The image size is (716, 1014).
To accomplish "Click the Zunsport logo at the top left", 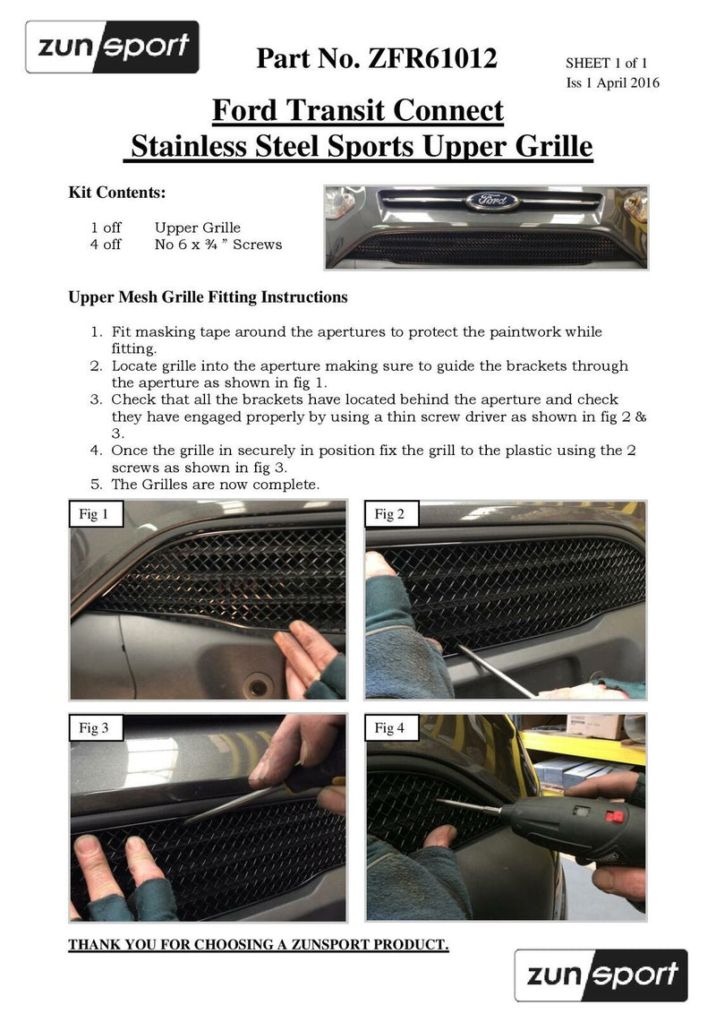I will click(112, 47).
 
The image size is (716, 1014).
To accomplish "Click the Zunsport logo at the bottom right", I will click(601, 975).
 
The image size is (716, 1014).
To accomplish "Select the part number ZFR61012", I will click(376, 58).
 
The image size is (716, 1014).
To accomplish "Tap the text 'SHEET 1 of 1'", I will click(606, 63).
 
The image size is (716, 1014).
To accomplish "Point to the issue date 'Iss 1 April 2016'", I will click(612, 83).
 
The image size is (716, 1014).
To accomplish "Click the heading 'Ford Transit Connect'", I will click(358, 111).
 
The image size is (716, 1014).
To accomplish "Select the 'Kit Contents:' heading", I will click(117, 193).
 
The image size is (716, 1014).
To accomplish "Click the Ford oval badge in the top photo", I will click(491, 201).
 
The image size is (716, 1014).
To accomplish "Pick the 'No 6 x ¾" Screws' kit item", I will click(217, 245).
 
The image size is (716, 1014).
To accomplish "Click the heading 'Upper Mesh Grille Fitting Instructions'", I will click(208, 296).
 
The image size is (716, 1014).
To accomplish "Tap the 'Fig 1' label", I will click(94, 514).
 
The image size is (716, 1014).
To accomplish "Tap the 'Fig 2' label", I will click(389, 514).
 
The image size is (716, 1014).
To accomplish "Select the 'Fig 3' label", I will click(94, 728).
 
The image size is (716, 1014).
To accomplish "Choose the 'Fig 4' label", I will click(389, 728).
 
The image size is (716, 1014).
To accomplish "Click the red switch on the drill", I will click(613, 815).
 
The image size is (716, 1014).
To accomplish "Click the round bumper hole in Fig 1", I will click(259, 687).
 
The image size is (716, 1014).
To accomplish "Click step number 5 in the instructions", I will click(96, 485).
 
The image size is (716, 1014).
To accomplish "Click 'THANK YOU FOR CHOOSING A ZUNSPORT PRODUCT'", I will click(259, 945).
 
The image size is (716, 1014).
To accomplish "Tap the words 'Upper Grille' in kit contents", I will click(197, 228).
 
